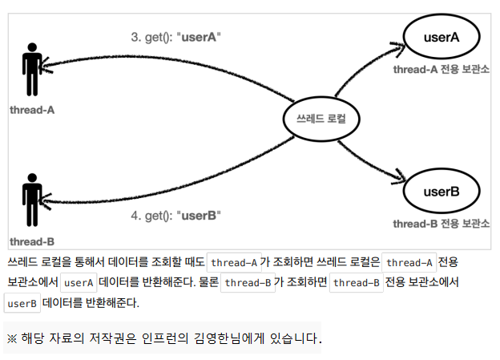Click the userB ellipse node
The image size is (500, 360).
tap(441, 191)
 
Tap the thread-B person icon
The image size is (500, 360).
tap(32, 197)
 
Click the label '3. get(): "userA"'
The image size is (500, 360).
tap(175, 37)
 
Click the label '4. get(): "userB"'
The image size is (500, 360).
tap(175, 215)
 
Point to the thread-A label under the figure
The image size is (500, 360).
tap(32, 108)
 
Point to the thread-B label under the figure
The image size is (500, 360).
tap(32, 241)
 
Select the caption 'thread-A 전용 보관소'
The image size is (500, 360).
tap(441, 70)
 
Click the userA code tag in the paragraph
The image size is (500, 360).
tap(79, 283)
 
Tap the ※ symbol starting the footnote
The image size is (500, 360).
tap(12, 339)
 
